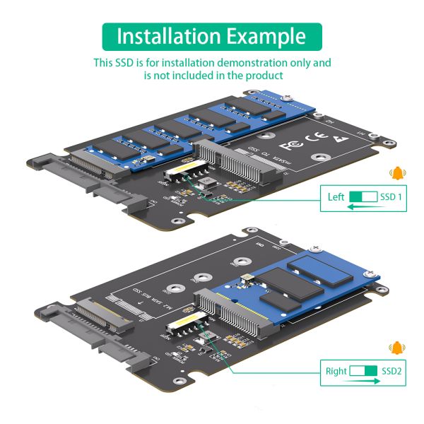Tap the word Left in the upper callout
point(336,197)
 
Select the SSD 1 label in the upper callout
point(391,197)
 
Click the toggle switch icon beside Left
point(364,197)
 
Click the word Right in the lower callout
point(336,370)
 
